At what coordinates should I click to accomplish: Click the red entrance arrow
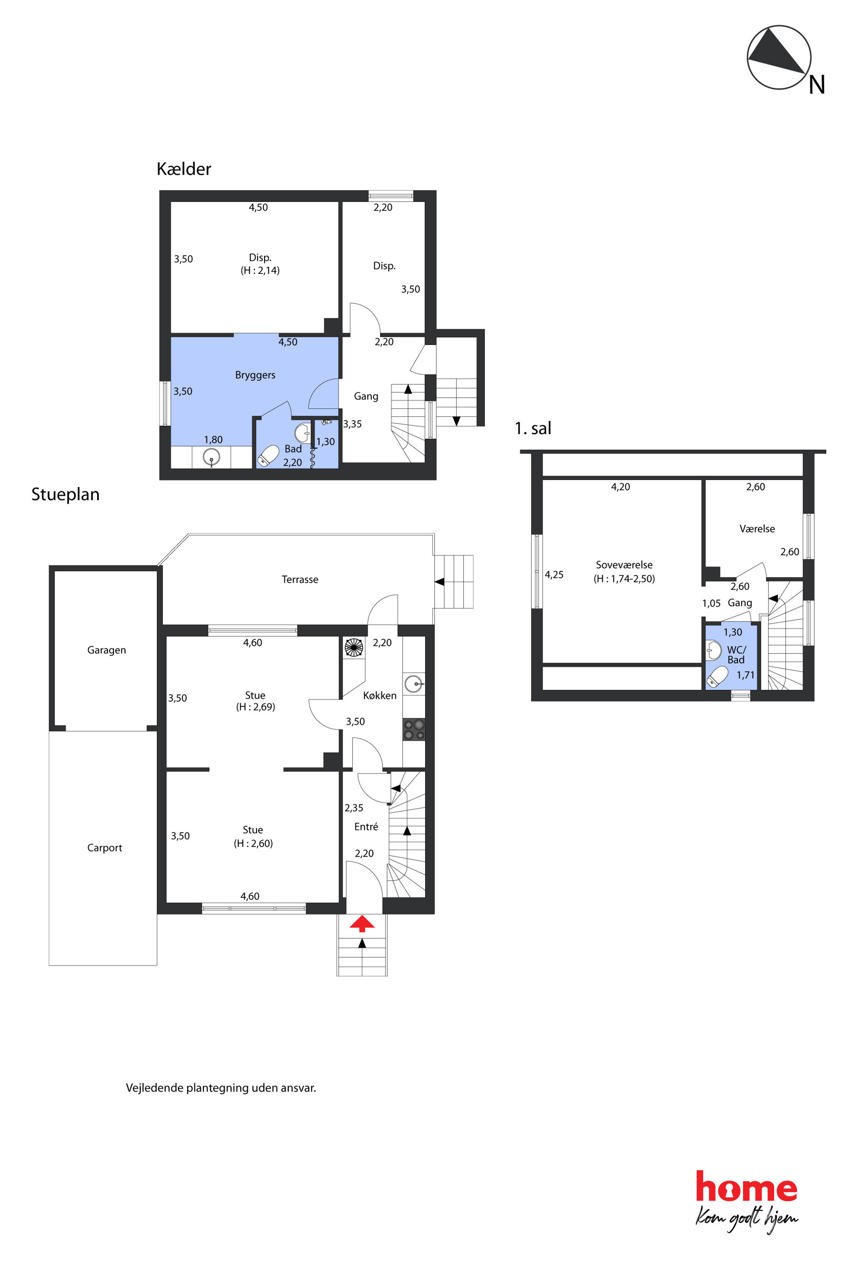click(362, 924)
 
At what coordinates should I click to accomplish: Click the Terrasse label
click(300, 580)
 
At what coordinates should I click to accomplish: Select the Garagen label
click(107, 651)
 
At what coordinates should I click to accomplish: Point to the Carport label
click(105, 848)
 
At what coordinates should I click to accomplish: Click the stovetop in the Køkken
click(414, 730)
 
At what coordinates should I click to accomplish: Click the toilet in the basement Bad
click(268, 455)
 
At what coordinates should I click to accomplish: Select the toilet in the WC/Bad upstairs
click(717, 677)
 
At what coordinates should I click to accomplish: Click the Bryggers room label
click(255, 375)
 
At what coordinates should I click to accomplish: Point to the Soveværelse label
click(624, 565)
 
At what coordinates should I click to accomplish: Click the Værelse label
click(757, 529)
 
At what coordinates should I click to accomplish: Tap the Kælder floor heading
click(184, 169)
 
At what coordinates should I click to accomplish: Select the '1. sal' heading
click(533, 428)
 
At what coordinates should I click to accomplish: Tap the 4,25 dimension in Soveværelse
click(554, 575)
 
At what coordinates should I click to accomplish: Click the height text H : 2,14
click(260, 271)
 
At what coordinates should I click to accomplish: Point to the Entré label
click(366, 827)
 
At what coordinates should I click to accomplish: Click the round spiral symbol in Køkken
click(354, 648)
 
